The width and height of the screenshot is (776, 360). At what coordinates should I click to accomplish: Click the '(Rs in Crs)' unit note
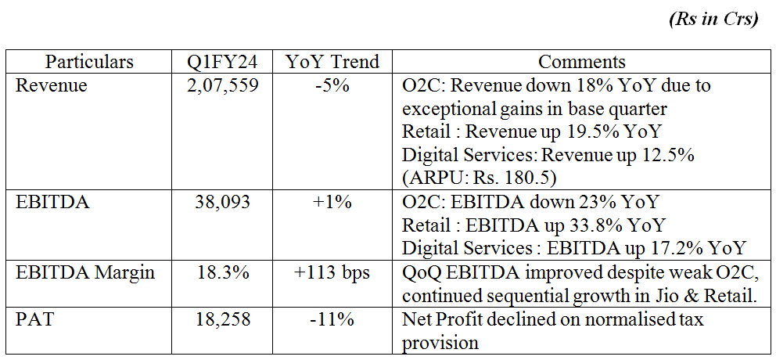(713, 20)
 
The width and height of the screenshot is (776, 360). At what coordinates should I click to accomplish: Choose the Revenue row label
(52, 85)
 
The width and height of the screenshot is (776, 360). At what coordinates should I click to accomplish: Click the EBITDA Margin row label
(85, 272)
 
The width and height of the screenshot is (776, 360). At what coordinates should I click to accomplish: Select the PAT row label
(34, 319)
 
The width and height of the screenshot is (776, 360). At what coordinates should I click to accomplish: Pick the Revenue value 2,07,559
(218, 85)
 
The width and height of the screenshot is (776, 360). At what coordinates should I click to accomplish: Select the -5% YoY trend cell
(332, 85)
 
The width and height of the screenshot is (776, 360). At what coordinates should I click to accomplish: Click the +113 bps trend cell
(332, 272)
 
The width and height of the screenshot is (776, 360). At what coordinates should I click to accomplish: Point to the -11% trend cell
(332, 319)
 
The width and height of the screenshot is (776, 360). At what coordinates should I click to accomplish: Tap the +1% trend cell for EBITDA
(332, 203)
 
